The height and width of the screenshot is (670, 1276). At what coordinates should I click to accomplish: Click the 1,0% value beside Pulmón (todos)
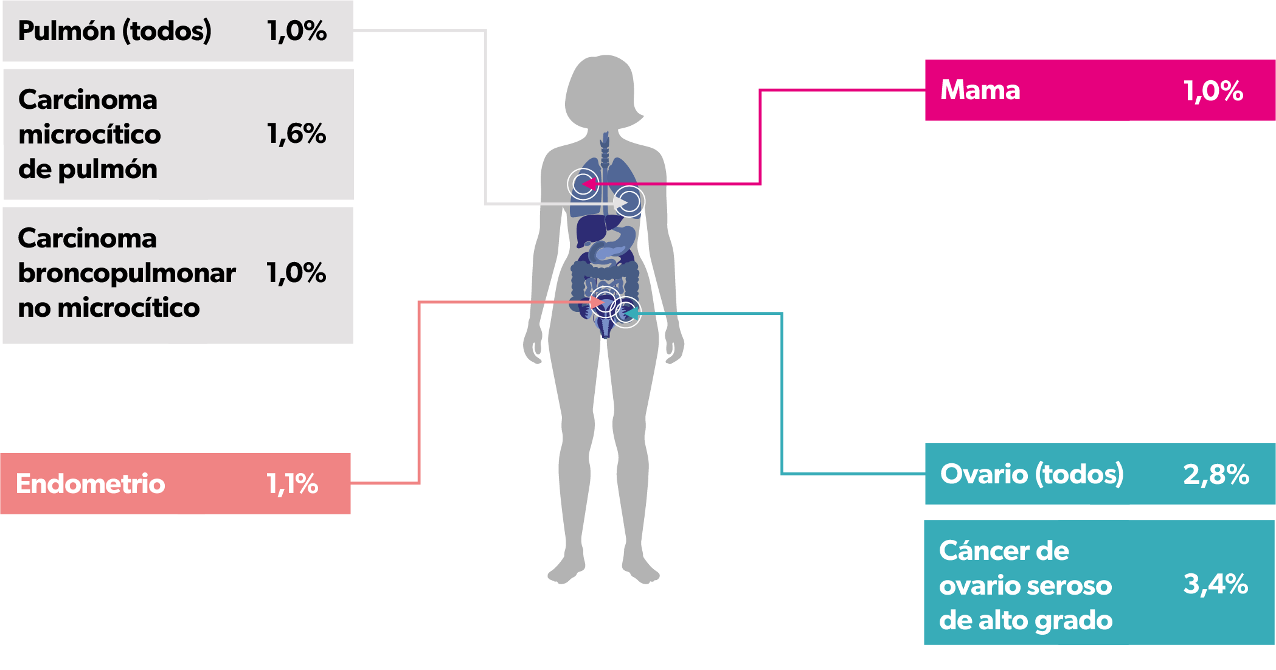click(x=297, y=31)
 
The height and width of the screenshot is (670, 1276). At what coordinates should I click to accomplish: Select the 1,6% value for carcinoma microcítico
click(x=297, y=134)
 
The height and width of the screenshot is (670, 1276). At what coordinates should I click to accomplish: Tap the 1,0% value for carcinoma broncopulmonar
click(x=297, y=273)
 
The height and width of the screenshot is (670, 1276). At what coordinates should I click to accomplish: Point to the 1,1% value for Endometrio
click(x=293, y=484)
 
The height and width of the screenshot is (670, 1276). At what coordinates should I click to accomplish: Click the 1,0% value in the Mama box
click(x=1213, y=91)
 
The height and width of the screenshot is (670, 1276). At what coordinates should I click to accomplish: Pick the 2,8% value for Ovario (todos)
click(x=1216, y=474)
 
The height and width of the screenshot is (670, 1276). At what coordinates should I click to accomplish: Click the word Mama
click(x=980, y=90)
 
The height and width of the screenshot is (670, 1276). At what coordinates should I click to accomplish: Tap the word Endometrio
click(x=91, y=484)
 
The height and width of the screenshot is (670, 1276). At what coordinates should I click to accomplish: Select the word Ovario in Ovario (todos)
click(x=984, y=474)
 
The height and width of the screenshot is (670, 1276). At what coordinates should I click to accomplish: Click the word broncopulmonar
click(x=127, y=274)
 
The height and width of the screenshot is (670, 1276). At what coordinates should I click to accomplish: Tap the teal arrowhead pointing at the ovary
click(x=631, y=313)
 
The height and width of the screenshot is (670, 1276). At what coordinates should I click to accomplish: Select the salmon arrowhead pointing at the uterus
click(x=597, y=302)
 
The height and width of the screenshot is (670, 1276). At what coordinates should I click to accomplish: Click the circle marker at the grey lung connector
click(x=629, y=201)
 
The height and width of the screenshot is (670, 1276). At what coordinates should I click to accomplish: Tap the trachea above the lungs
click(x=605, y=149)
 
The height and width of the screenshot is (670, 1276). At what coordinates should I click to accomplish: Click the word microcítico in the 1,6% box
click(x=90, y=134)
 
